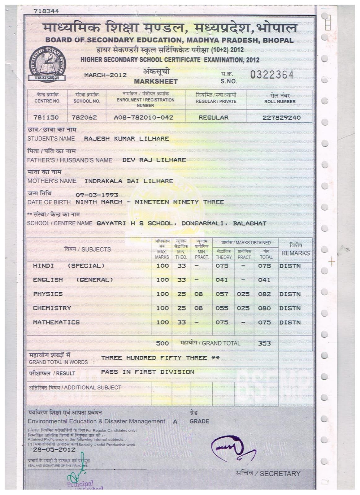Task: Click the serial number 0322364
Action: tap(271, 75)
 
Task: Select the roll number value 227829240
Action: tap(281, 118)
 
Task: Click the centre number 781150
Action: tap(46, 118)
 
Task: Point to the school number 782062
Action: tap(84, 118)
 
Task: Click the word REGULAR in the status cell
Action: tap(214, 118)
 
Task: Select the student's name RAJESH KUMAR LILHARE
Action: tap(126, 139)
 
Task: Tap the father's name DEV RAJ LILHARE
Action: tap(154, 160)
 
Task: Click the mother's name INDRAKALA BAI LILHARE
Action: tap(129, 181)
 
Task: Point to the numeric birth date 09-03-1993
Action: tap(97, 195)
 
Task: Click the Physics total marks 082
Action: tap(264, 294)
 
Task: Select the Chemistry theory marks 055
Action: tap(222, 308)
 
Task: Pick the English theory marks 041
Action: tap(222, 280)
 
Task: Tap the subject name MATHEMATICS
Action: tap(56, 322)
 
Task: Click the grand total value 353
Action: tap(264, 343)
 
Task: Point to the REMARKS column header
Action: tap(295, 253)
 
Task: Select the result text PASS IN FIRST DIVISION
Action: tap(148, 372)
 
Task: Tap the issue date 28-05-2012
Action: tap(50, 449)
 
